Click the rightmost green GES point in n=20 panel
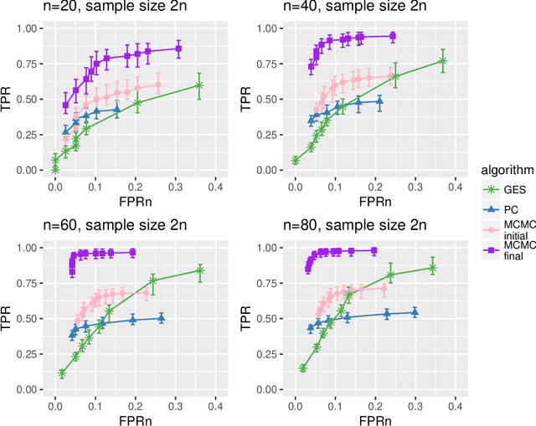(198, 85)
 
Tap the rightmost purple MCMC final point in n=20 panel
(178, 49)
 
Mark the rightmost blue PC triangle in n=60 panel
(161, 318)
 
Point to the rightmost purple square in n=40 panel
(393, 36)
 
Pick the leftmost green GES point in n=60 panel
(62, 373)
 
